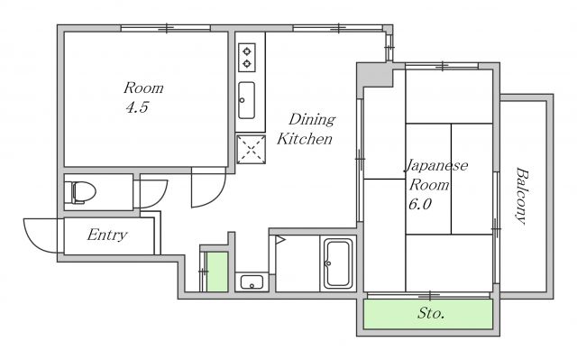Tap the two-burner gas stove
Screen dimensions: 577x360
[246, 58]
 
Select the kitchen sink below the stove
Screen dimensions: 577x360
[246, 100]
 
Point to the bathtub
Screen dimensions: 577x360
[337, 263]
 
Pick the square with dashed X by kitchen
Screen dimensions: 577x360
[251, 149]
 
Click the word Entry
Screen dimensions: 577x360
[107, 235]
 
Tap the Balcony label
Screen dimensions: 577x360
[520, 196]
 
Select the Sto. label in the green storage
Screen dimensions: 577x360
[431, 314]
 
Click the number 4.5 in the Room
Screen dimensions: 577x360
[137, 107]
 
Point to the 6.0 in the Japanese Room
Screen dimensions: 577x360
[420, 204]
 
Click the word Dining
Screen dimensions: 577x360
[312, 119]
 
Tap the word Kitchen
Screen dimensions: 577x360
[305, 139]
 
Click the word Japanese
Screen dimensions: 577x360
[436, 165]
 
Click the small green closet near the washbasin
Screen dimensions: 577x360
[216, 272]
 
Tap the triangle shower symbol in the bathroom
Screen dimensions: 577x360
[280, 240]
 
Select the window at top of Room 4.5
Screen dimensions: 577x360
[166, 28]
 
